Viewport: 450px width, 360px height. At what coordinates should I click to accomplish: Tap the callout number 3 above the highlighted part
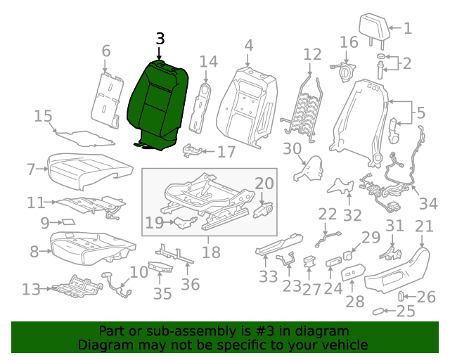pos(160,39)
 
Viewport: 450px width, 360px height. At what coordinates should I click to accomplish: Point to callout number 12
pos(311,53)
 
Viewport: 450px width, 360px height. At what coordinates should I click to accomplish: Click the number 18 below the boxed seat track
pos(211,251)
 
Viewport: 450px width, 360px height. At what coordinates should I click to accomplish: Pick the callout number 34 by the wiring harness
pos(427,204)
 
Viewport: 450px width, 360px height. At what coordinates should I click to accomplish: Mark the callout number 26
pos(426,297)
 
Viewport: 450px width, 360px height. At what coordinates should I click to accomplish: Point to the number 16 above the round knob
pos(349,43)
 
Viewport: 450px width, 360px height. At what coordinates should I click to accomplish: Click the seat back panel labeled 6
pos(105,98)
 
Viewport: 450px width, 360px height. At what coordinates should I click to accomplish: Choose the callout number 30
pos(292,148)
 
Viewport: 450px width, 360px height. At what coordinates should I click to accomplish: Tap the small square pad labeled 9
pos(69,223)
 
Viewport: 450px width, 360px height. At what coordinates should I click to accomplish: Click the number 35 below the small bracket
pos(162,293)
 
